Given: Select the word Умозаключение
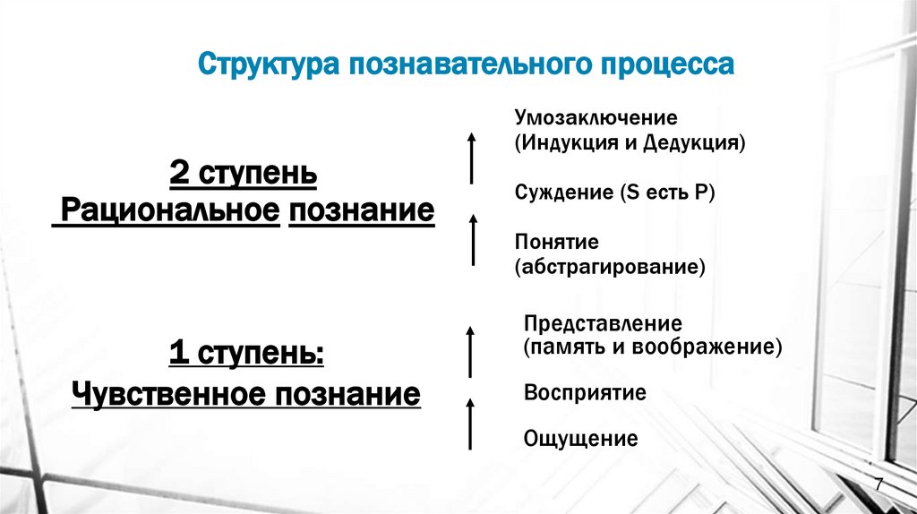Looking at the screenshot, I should click(596, 117).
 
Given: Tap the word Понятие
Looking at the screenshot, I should click(556, 243).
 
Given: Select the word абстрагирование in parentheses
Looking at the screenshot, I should click(610, 267).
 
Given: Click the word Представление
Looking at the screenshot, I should click(604, 323).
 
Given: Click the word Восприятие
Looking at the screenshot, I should click(585, 393).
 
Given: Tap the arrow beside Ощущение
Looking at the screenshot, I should click(471, 424).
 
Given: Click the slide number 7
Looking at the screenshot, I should click(879, 484).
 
